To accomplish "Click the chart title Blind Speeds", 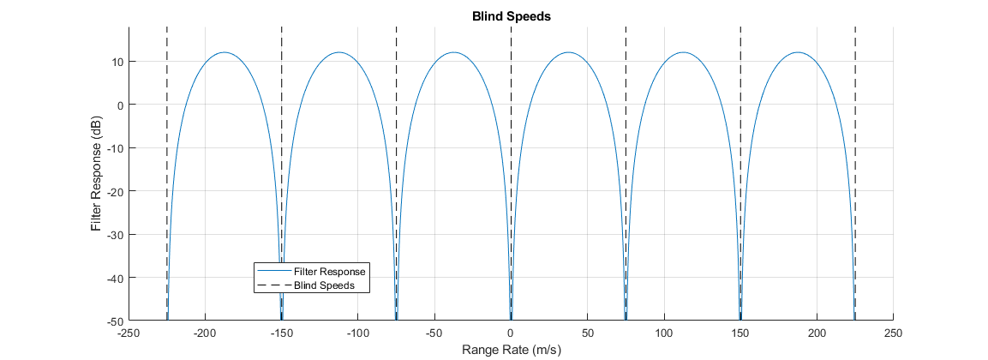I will coord(510,15).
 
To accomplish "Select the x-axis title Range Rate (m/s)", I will coord(510,350).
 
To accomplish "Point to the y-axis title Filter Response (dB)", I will coord(97,174).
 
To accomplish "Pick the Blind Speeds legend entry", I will coord(324,285).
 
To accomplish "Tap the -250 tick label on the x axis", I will coord(129,333).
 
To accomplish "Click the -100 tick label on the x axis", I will coord(357,333).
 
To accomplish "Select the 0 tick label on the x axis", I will coord(511,333).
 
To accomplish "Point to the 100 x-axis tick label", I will coord(664,333).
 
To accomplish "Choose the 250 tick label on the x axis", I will coord(893,333).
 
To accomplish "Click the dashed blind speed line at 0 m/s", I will coord(511,129).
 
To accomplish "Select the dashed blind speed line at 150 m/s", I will coord(740,129).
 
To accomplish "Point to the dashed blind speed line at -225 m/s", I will coord(166,129).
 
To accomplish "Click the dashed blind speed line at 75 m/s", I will coord(626,129).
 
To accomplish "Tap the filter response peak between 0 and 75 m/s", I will coord(568,53).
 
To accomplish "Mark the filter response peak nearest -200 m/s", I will coord(224,53).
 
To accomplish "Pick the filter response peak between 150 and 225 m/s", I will coord(798,53).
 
